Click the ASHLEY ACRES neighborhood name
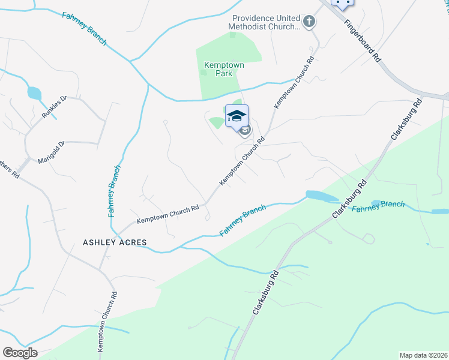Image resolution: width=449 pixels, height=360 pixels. [114, 243]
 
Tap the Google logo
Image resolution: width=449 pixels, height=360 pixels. [20, 352]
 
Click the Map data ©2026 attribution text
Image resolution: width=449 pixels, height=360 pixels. [423, 355]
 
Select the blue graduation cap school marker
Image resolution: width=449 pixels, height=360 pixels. [237, 115]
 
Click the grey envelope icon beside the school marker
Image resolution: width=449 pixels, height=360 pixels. [244, 130]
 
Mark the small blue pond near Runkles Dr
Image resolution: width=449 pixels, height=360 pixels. [34, 93]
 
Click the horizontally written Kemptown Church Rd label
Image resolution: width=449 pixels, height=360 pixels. [167, 214]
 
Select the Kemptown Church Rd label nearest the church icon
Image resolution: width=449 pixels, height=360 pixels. [295, 82]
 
